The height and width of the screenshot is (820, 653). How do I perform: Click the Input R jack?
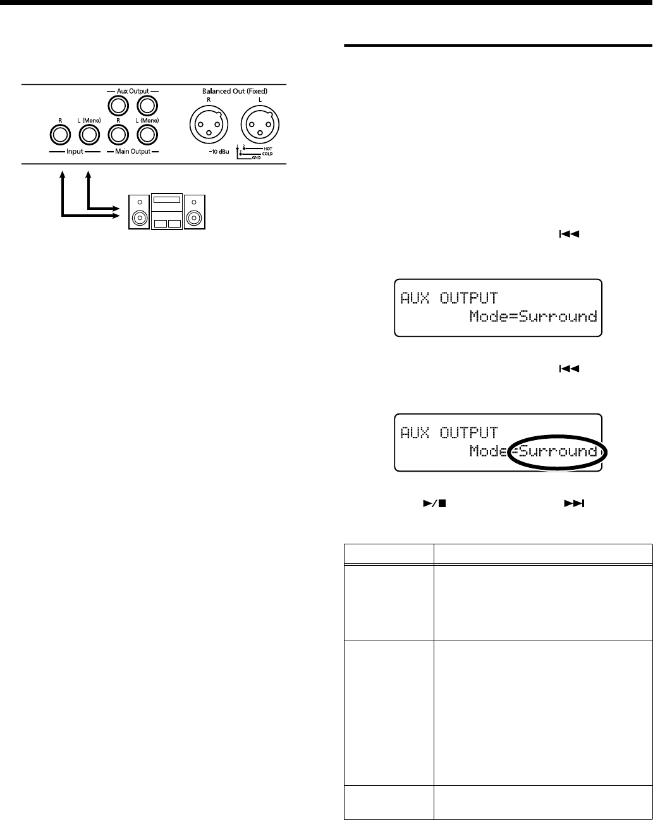pyautogui.click(x=59, y=135)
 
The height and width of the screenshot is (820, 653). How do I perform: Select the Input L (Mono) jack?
pyautogui.click(x=88, y=135)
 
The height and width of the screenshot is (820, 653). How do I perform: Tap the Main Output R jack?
pyautogui.click(x=118, y=135)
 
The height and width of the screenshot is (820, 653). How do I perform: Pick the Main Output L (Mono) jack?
pyautogui.click(x=147, y=135)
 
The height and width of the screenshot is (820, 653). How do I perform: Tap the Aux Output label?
pyautogui.click(x=132, y=90)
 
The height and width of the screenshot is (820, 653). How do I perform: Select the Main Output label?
pyautogui.click(x=132, y=152)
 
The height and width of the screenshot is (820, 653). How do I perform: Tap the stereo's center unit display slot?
pyautogui.click(x=166, y=200)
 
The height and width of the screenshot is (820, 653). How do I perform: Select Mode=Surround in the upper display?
pyautogui.click(x=533, y=317)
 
